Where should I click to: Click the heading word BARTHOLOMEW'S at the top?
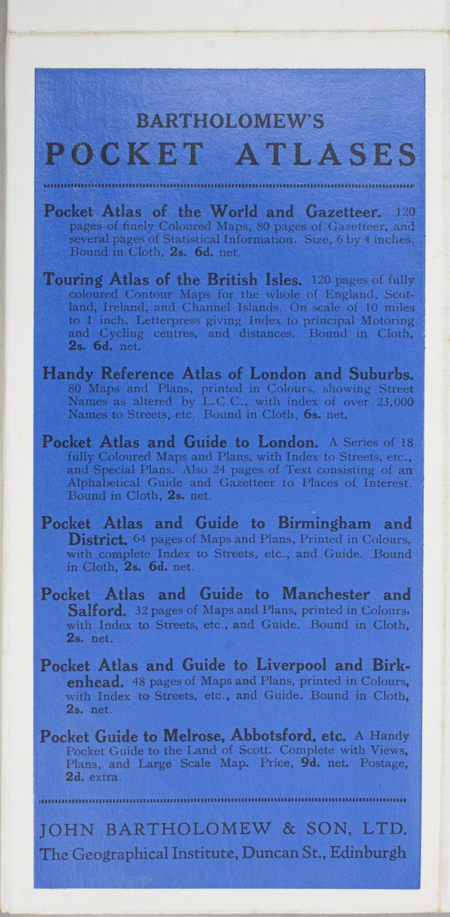pos(231,121)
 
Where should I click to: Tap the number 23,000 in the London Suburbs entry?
pos(394,402)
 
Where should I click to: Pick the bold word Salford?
pos(97,611)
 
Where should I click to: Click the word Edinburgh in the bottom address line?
pos(368,840)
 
